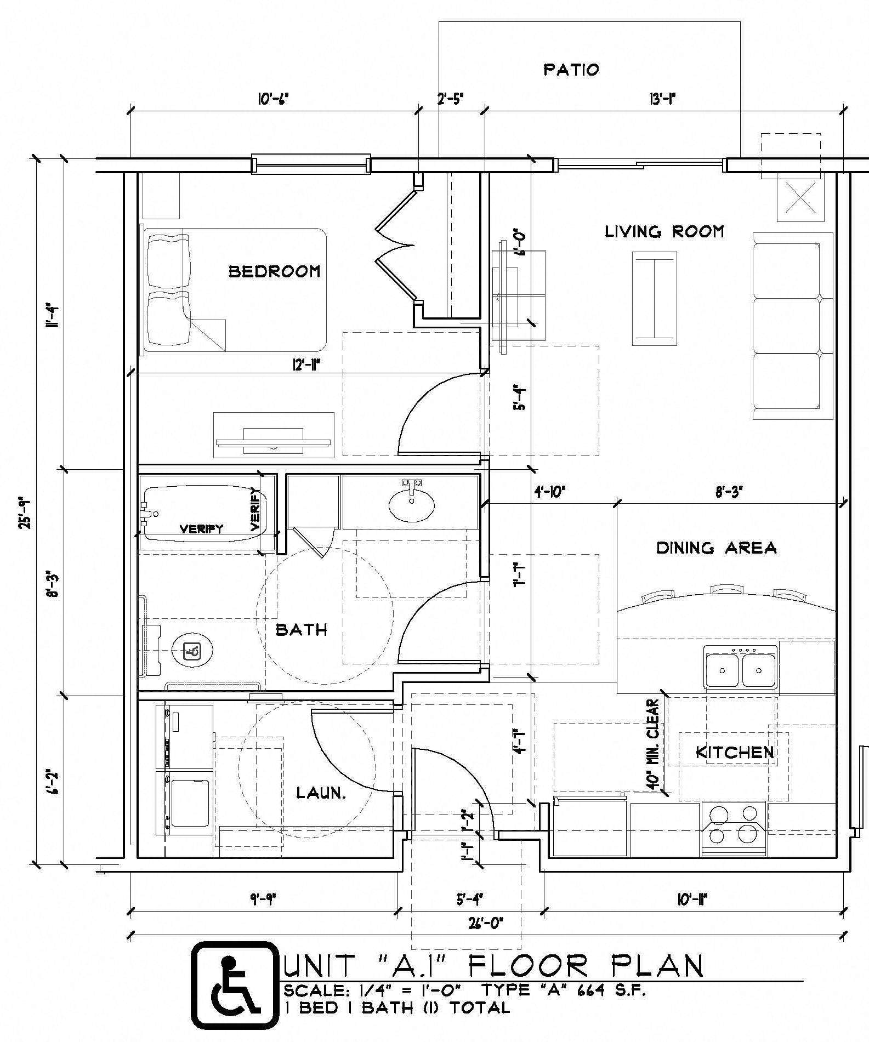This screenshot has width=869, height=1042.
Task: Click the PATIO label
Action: pos(571,70)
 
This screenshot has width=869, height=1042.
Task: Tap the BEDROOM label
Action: pos(274,271)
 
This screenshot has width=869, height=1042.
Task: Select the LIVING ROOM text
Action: pos(664,232)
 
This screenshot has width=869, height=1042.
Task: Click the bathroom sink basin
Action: pos(411,506)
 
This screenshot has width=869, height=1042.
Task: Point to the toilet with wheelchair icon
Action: pos(192,651)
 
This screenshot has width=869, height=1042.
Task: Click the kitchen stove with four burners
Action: pos(734,828)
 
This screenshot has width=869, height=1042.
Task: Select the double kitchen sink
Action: pos(741,669)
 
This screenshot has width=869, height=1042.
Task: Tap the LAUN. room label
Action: pos(321,793)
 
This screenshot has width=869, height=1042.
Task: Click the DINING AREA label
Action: pos(716,548)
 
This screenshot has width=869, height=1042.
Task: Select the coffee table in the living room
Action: pos(654,298)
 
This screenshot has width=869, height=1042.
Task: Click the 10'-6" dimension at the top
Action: pos(272,99)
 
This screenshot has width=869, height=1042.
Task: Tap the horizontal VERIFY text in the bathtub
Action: pos(202,529)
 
